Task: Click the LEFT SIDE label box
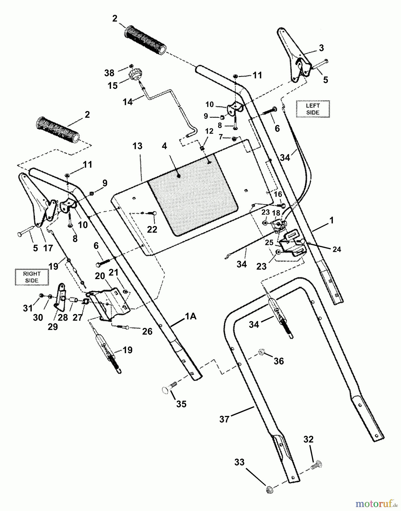click(x=313, y=109)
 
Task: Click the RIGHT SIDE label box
click(x=32, y=277)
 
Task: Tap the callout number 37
click(x=224, y=419)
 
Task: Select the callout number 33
click(x=239, y=462)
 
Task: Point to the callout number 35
click(x=181, y=404)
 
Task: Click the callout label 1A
click(x=191, y=316)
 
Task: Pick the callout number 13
click(x=137, y=146)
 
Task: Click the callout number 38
click(x=109, y=73)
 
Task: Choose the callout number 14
click(x=128, y=102)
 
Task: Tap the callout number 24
click(x=337, y=249)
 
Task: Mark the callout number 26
click(x=147, y=331)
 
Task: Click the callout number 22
click(x=152, y=229)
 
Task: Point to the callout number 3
click(x=321, y=48)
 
